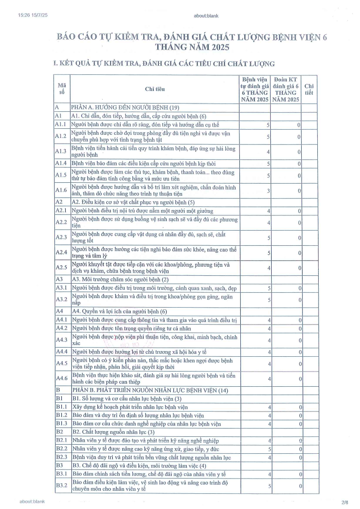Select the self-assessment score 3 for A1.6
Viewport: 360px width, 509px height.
(269, 191)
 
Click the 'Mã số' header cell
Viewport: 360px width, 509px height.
(61, 89)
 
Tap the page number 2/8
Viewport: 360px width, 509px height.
(345, 502)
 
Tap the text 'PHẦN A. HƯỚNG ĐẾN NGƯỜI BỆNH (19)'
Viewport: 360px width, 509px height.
(126, 107)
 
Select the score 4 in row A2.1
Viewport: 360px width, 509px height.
(269, 211)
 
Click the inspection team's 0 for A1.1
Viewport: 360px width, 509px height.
(299, 125)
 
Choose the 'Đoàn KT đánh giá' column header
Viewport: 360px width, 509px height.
(286, 89)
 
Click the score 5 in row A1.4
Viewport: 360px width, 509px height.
(269, 164)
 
